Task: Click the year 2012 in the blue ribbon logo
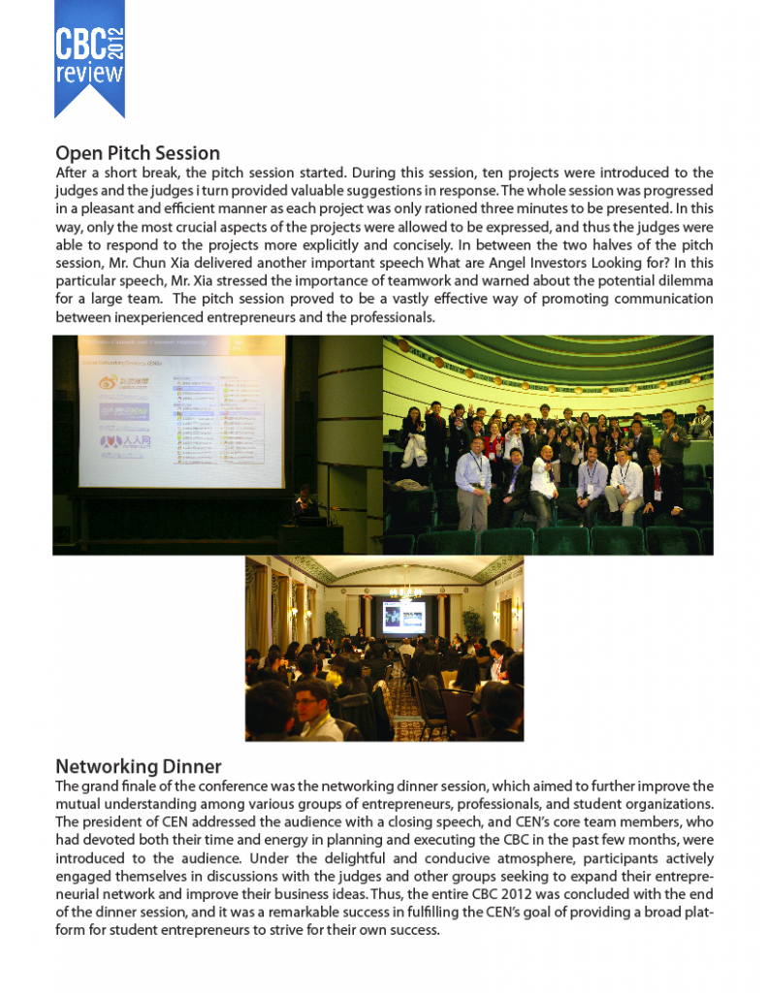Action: coord(117,43)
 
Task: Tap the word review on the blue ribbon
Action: coord(89,74)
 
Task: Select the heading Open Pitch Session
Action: coord(138,153)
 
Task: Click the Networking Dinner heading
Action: coord(139,767)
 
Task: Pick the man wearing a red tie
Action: coord(658,480)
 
